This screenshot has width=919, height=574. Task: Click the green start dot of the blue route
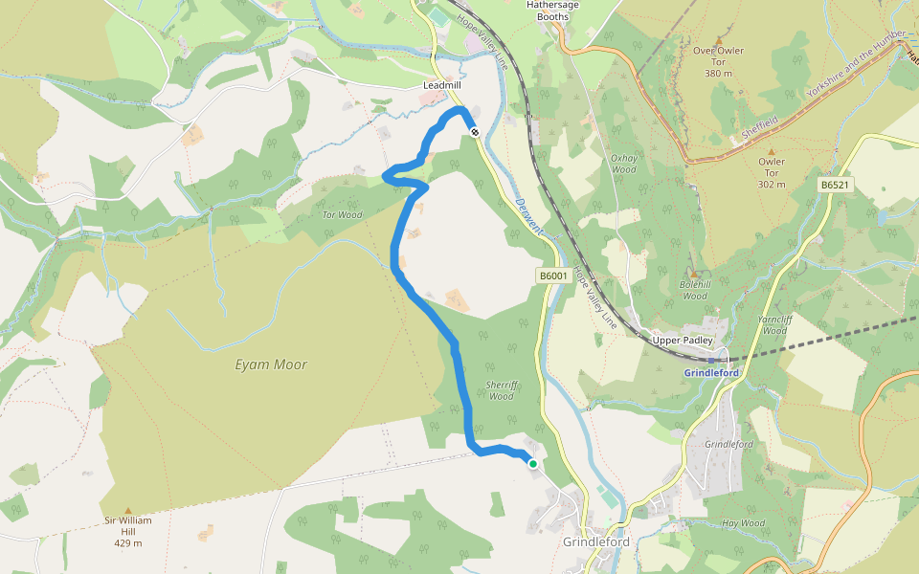click(533, 463)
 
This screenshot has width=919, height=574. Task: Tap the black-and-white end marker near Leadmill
click(475, 132)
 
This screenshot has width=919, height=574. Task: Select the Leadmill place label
click(442, 85)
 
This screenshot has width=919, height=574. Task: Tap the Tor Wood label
click(342, 214)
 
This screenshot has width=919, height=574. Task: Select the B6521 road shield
click(835, 184)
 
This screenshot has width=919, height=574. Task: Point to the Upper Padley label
click(682, 341)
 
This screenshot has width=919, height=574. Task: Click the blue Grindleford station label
click(712, 372)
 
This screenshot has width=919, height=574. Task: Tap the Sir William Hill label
click(128, 526)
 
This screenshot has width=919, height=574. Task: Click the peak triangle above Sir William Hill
click(128, 512)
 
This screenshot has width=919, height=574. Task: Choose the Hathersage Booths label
click(554, 11)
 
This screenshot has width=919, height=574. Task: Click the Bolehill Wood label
click(693, 291)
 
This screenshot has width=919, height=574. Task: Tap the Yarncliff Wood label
click(774, 325)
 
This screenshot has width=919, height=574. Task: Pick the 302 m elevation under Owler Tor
click(772, 185)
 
